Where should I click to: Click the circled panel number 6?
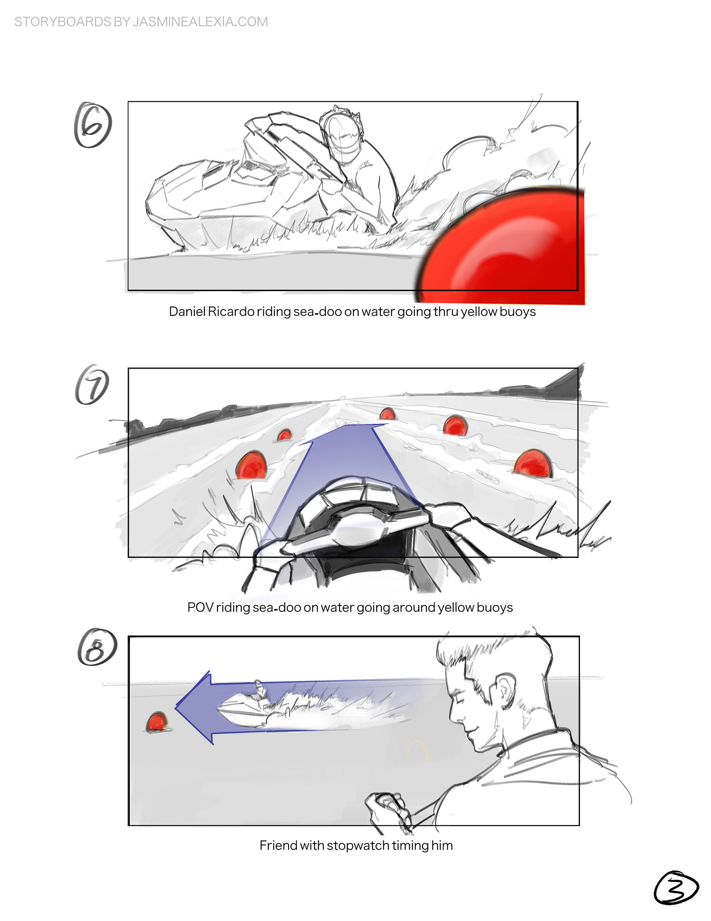(x=93, y=125)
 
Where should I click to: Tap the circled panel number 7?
(x=92, y=385)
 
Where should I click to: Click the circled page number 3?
(x=675, y=887)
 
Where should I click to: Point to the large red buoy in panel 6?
(x=501, y=247)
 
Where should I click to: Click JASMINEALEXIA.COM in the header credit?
(x=200, y=21)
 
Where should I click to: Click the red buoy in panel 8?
(x=157, y=722)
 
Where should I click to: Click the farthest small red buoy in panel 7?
(x=387, y=414)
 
